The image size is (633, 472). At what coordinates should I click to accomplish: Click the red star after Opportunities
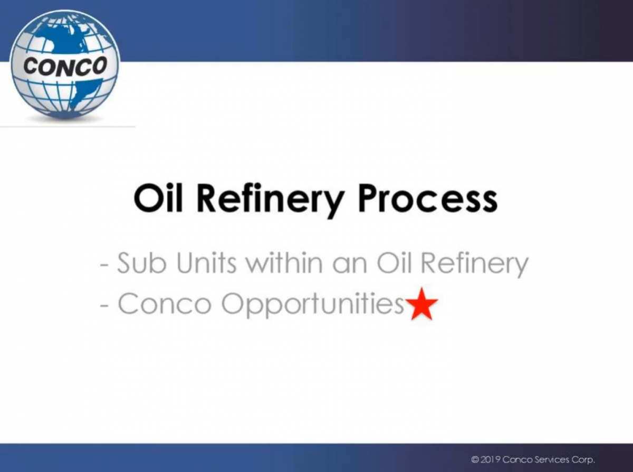421,304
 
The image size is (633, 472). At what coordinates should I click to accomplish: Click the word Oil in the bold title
158,199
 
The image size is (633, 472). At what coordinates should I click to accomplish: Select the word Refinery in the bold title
271,202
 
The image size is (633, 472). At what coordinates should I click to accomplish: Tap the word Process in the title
428,199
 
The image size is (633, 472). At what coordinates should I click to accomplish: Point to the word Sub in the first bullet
142,263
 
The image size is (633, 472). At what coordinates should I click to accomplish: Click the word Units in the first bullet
206,263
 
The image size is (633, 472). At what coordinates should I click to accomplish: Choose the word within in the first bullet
284,263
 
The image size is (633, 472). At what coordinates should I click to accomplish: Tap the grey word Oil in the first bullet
394,263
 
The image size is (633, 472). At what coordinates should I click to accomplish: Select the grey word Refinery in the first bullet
474,265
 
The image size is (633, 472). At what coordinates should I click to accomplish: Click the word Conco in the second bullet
165,304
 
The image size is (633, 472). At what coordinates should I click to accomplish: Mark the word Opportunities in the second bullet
313,305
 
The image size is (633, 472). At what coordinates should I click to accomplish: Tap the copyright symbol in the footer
475,459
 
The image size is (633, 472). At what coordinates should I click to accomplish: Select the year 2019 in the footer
490,459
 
